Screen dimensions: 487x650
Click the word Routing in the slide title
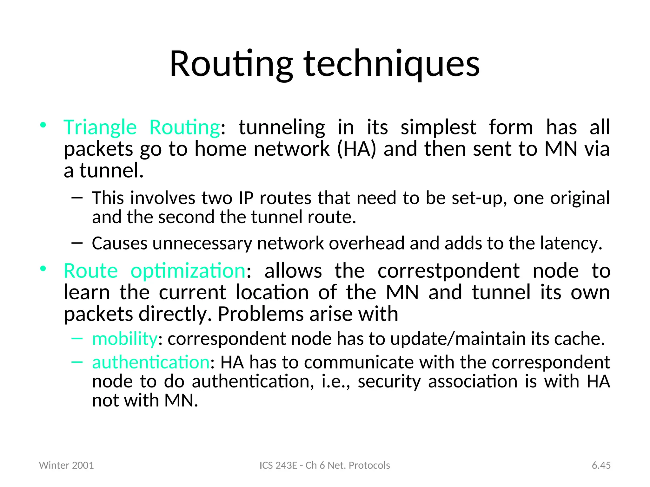[x=231, y=64]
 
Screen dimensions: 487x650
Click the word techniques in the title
[x=392, y=64]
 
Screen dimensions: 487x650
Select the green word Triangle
[x=100, y=127]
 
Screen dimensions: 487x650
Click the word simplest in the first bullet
[x=438, y=127]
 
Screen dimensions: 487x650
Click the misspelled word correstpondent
[x=448, y=271]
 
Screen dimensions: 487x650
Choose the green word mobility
[x=124, y=339]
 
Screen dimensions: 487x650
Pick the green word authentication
[x=151, y=362]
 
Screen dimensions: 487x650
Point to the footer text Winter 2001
[x=66, y=465]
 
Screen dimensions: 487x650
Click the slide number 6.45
[x=601, y=465]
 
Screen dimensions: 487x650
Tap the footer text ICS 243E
[x=278, y=465]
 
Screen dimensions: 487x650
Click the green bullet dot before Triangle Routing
[x=43, y=125]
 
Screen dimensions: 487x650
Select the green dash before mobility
[x=77, y=338]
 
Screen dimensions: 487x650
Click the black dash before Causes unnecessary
[x=77, y=243]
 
